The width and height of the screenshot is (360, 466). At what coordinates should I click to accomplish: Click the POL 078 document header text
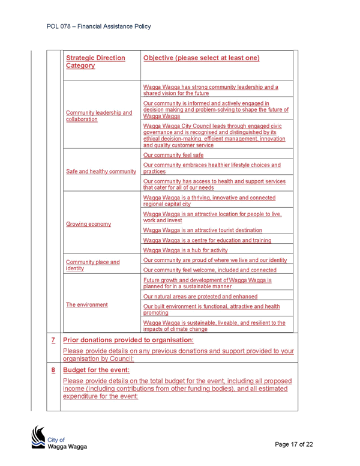[98, 26]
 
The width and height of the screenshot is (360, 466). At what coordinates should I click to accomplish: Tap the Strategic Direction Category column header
[95, 61]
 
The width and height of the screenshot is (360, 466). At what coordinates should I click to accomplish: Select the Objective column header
[202, 58]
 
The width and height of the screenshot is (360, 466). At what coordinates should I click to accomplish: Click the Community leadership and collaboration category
[99, 116]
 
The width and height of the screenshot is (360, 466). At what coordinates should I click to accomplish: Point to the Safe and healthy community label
[101, 172]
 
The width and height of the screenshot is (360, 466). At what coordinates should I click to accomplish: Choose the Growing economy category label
[89, 224]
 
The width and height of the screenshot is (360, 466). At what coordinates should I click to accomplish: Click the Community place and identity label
[92, 265]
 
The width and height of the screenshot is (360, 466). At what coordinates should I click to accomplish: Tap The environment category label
[87, 304]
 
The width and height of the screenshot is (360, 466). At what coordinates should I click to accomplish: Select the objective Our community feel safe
[173, 155]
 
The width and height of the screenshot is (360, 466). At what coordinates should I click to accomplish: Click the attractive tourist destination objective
[203, 230]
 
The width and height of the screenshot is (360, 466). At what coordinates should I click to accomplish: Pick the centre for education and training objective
[208, 240]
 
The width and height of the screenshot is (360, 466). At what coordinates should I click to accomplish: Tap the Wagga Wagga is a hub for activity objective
[185, 250]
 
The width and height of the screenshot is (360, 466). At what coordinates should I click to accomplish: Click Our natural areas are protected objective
[200, 296]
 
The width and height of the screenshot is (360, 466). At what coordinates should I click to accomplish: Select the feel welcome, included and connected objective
[210, 270]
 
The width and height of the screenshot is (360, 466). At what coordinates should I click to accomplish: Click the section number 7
[53, 340]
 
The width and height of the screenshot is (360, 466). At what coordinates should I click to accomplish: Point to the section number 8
[53, 370]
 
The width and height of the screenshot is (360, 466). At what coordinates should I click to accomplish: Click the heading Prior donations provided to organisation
[128, 340]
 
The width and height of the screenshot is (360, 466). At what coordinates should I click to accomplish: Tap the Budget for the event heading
[96, 370]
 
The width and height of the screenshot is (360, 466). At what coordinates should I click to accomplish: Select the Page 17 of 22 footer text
[294, 444]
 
